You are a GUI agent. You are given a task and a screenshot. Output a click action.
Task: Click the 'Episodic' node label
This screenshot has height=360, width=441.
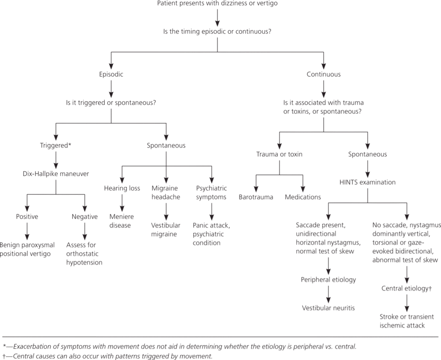(x=111, y=74)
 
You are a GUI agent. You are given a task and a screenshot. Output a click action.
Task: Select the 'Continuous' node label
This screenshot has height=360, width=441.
(x=323, y=74)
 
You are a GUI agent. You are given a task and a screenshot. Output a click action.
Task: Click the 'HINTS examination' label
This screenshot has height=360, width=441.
(x=367, y=182)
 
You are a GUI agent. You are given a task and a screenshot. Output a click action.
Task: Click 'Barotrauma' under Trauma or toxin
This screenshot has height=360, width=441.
(x=256, y=197)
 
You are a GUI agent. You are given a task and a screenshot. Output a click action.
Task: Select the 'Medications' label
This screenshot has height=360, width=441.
(x=303, y=197)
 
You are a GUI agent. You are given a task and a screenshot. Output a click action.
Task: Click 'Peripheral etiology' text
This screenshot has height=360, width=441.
(x=329, y=279)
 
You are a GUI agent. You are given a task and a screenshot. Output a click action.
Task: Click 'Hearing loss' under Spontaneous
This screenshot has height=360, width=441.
(x=122, y=188)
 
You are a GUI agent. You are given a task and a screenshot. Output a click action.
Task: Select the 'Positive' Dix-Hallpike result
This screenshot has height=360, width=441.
(x=27, y=216)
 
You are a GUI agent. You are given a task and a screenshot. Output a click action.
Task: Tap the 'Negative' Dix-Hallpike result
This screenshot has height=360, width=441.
(x=85, y=216)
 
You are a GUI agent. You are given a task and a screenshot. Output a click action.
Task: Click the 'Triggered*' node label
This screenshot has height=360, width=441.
(x=56, y=145)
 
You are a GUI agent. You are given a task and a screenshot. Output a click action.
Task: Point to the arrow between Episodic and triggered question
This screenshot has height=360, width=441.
(x=111, y=88)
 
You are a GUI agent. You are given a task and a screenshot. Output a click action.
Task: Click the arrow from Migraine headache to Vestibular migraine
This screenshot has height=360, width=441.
(x=166, y=209)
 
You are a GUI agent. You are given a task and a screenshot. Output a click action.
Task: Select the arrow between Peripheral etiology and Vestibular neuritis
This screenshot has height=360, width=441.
(x=329, y=293)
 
